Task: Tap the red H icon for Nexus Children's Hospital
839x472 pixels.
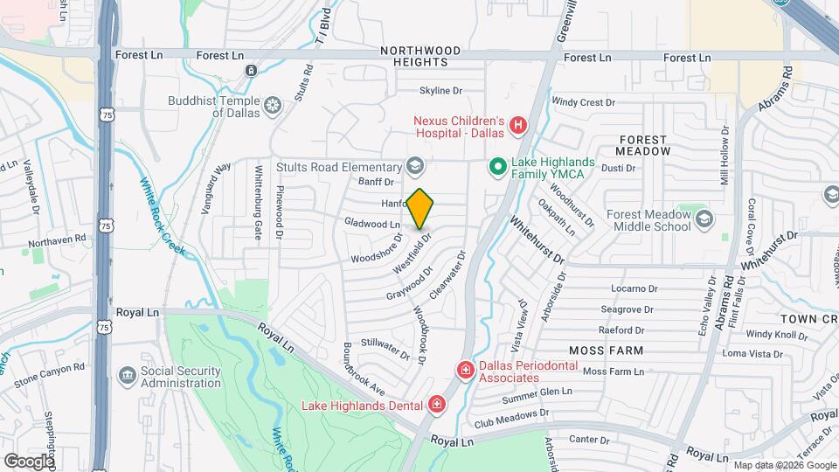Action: point(518,126)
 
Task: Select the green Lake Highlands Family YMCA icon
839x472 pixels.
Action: point(497,165)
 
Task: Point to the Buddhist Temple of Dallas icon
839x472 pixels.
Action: point(274,107)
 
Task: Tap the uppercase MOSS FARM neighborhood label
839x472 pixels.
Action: point(606,351)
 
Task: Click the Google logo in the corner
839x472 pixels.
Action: point(29,461)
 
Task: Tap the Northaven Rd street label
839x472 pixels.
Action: point(57,238)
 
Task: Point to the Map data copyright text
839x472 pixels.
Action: point(783,465)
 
